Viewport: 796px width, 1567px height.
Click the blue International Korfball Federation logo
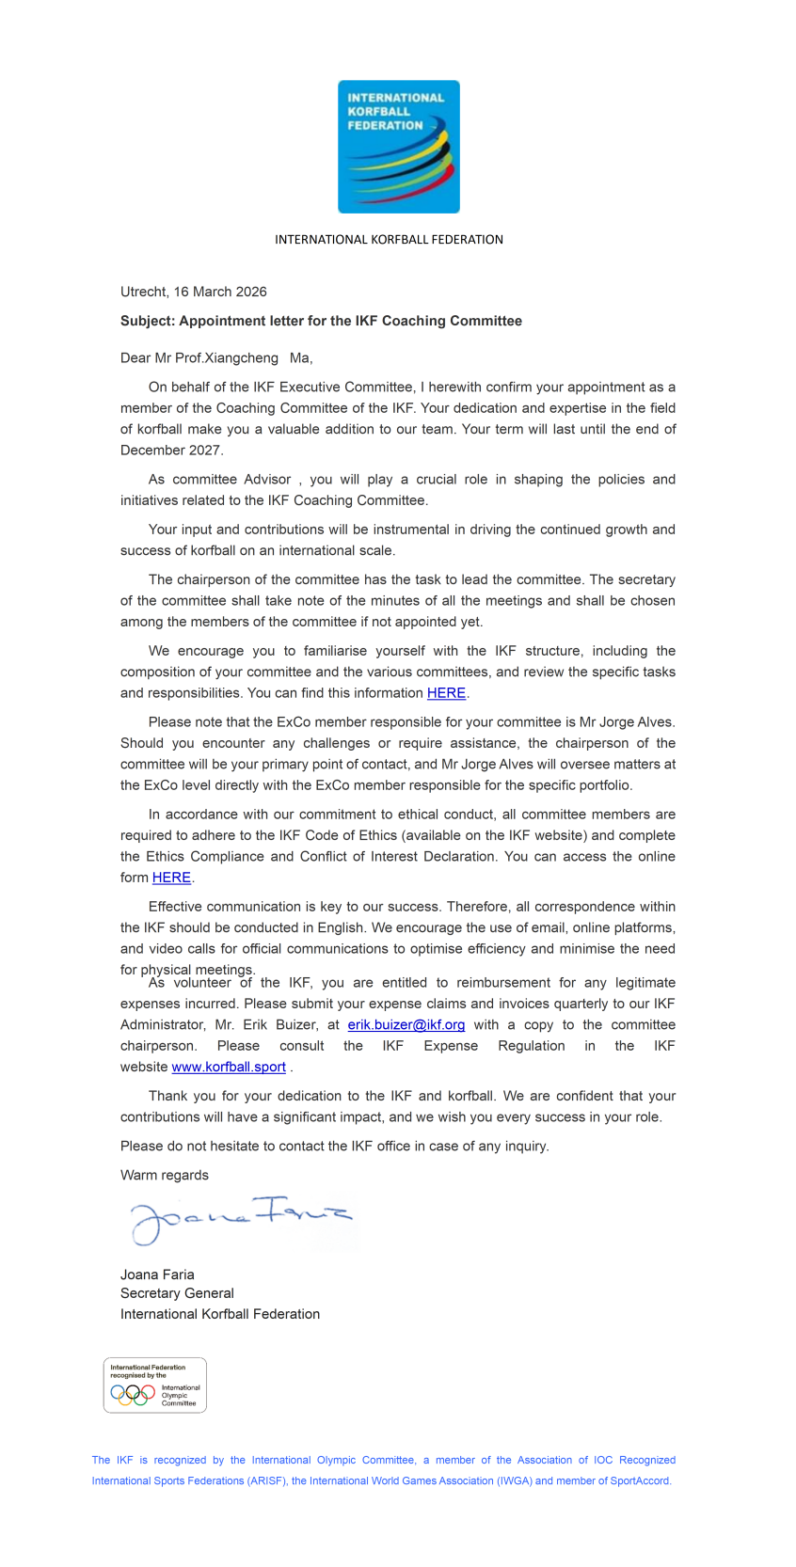tap(398, 147)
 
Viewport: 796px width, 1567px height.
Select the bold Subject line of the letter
tap(321, 321)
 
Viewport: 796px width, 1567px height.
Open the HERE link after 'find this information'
tap(446, 693)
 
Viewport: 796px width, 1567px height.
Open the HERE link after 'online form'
tap(171, 878)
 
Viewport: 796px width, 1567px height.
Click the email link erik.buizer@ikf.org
tap(406, 1025)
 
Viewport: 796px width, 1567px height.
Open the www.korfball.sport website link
tap(229, 1068)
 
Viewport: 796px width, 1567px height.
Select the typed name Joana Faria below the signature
tap(157, 1275)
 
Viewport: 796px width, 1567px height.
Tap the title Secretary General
tap(177, 1294)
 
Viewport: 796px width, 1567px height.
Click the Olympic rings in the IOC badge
tap(132, 1394)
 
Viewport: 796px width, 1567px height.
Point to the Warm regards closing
tap(165, 1176)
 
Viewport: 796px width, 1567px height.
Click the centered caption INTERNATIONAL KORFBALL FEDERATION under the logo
tap(389, 240)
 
